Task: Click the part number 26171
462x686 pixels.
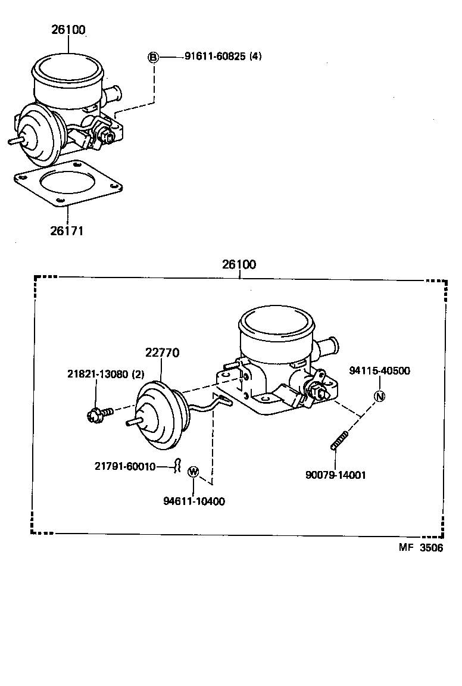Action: tap(67, 230)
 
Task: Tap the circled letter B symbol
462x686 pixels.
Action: tap(154, 57)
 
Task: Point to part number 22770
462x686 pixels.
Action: tap(162, 353)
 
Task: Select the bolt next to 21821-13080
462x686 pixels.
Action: tap(97, 414)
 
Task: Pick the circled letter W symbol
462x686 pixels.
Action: tap(193, 472)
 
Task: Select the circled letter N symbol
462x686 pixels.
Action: tap(379, 397)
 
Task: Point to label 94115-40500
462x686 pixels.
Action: tap(379, 370)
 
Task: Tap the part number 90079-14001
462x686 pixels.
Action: tap(336, 475)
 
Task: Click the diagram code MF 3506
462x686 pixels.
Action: tap(420, 548)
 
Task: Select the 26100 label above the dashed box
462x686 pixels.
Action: tap(239, 264)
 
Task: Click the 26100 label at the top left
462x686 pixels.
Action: tap(68, 29)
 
